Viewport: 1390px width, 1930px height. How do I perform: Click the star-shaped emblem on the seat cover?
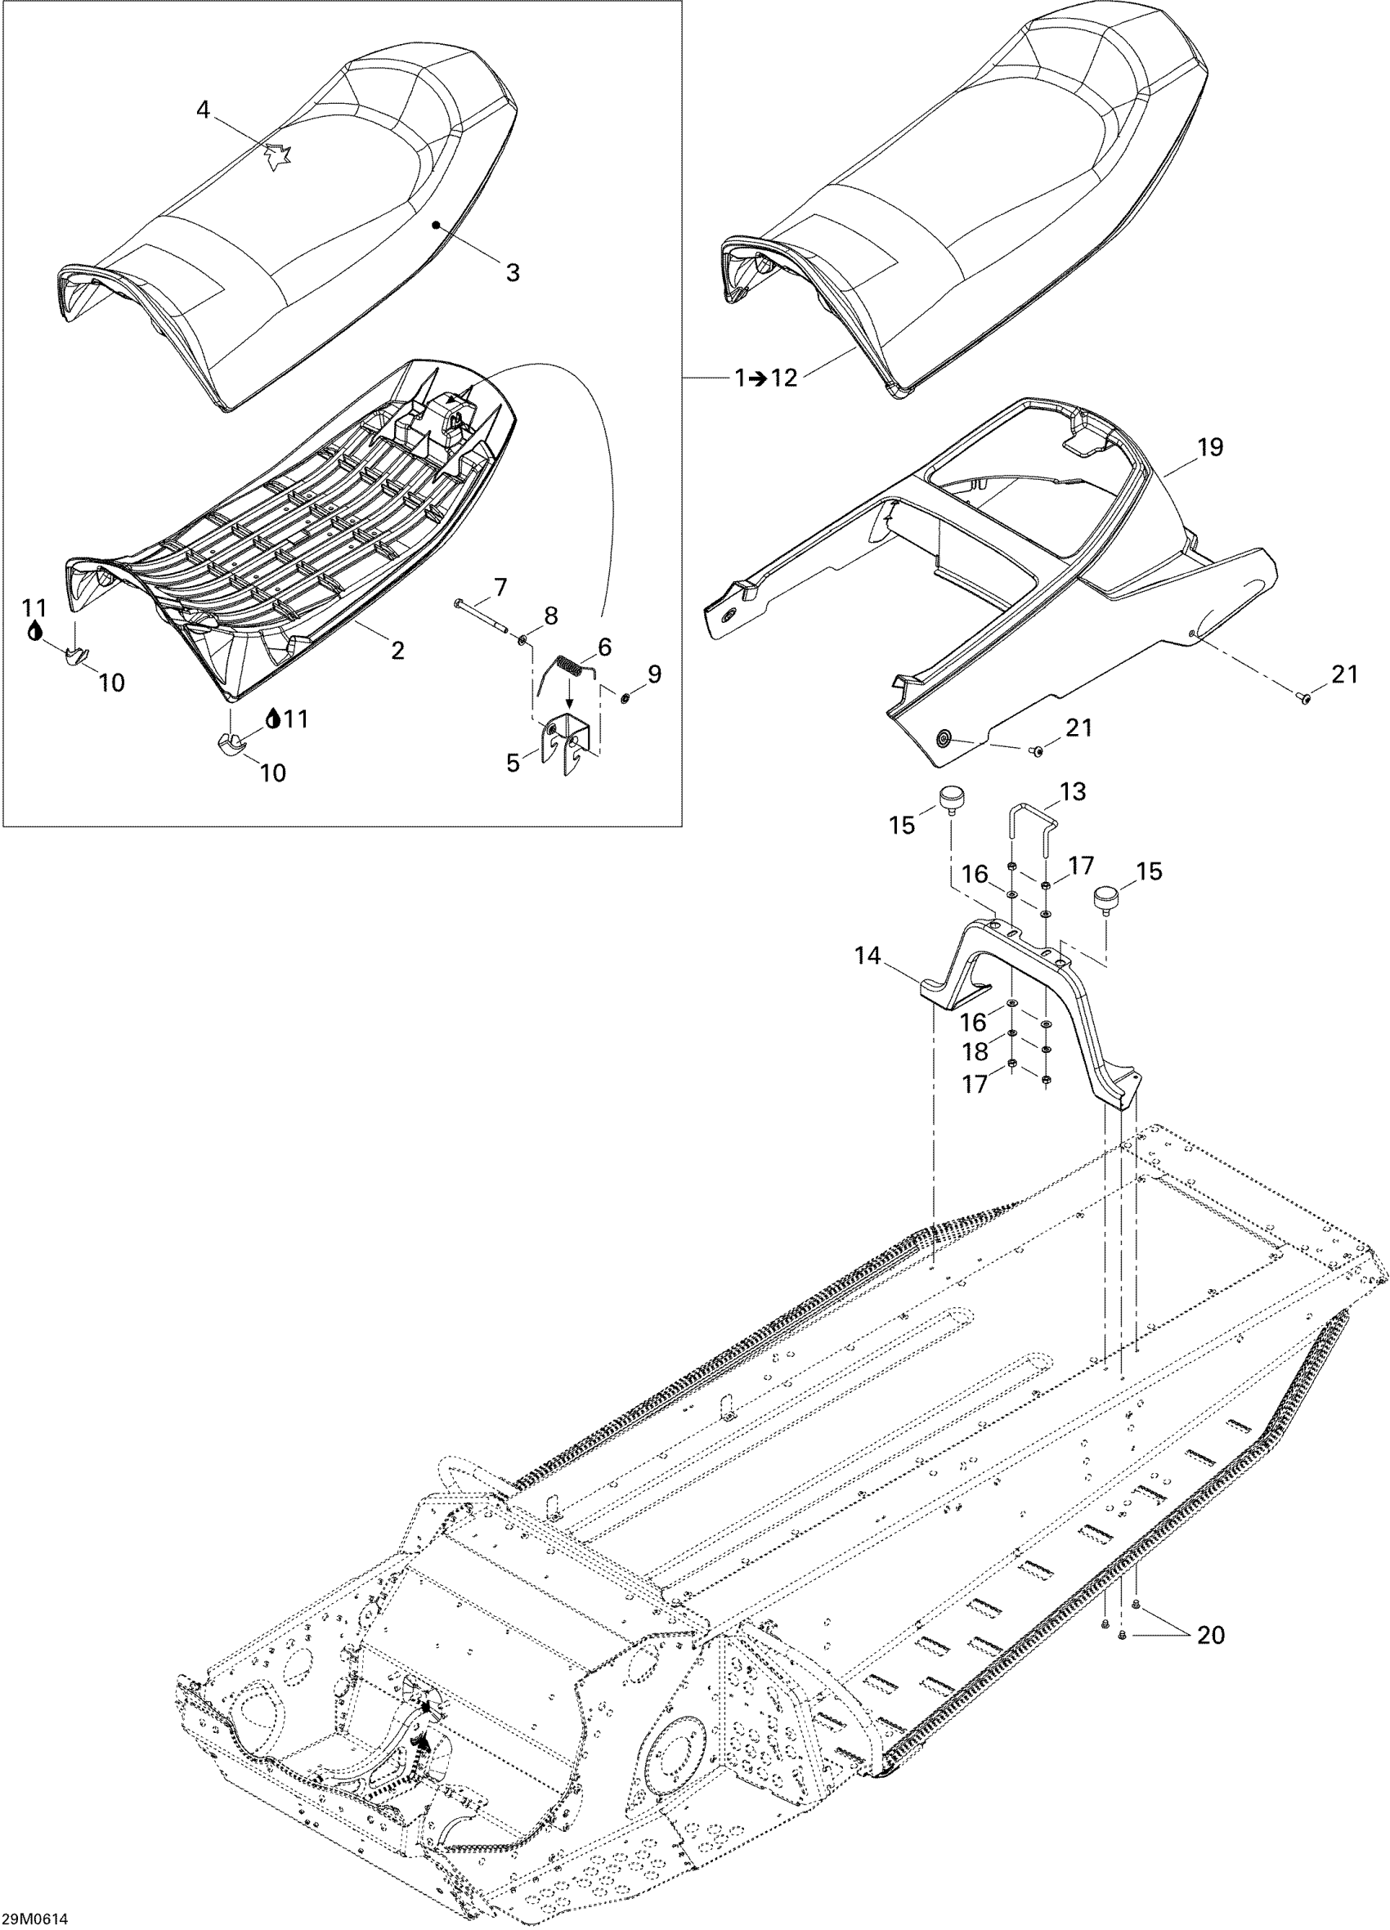coord(277,158)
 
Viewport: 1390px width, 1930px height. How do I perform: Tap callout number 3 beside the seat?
coord(513,273)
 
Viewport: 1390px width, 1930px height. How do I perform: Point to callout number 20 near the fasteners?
coord(1210,1635)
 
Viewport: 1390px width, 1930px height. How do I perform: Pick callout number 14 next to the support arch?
coord(868,956)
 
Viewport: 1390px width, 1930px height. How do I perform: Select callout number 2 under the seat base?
coord(397,651)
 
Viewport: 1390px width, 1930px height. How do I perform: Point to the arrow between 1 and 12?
coord(756,377)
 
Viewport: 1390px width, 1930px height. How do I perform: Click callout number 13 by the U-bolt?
coord(1074,792)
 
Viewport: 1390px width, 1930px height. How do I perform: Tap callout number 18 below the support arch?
coord(975,1052)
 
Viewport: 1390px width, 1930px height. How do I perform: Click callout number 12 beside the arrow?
coord(784,377)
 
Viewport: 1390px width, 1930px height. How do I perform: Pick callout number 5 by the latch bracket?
coord(513,763)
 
